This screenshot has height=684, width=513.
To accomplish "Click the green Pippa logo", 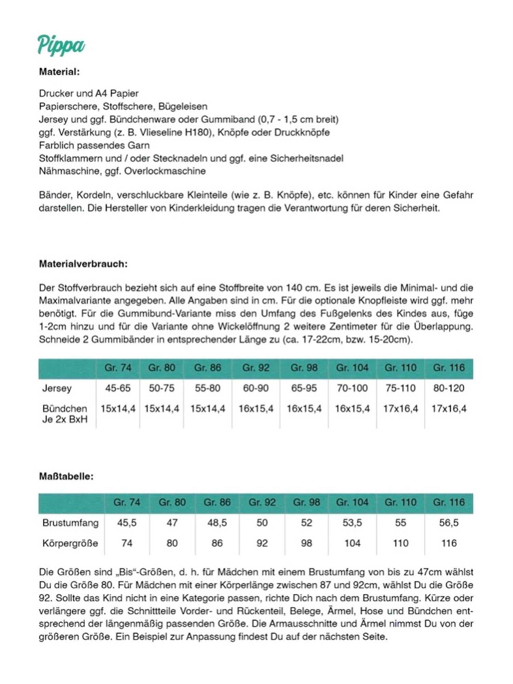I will coord(61,45).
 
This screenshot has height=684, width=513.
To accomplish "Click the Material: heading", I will coord(59,72).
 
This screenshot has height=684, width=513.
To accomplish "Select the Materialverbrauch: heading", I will coord(83,264).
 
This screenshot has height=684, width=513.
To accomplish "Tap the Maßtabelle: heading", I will coord(66,476).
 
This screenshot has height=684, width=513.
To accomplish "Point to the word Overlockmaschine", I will coord(165,171).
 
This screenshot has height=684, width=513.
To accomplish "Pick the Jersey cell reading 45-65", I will coord(118,388).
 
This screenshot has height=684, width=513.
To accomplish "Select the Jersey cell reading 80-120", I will coord(449,388).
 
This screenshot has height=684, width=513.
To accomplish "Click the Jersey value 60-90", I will coord(256,388).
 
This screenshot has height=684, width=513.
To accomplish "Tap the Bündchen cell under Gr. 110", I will coord(400,409).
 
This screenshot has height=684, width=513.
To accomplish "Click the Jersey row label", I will coord(57,389).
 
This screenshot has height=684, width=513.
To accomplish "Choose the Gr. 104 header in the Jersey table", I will coord(352,368).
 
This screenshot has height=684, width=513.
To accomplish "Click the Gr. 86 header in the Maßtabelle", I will coord(217,502).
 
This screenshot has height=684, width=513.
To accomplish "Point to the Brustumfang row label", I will coord(70,523).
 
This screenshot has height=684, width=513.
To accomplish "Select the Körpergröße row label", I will coord(70,543).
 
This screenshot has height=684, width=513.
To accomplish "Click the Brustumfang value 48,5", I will coord(217,523).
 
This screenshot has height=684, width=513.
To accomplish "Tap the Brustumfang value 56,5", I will coord(449,523).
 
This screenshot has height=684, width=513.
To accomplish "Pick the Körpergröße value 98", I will coord(306,543).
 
